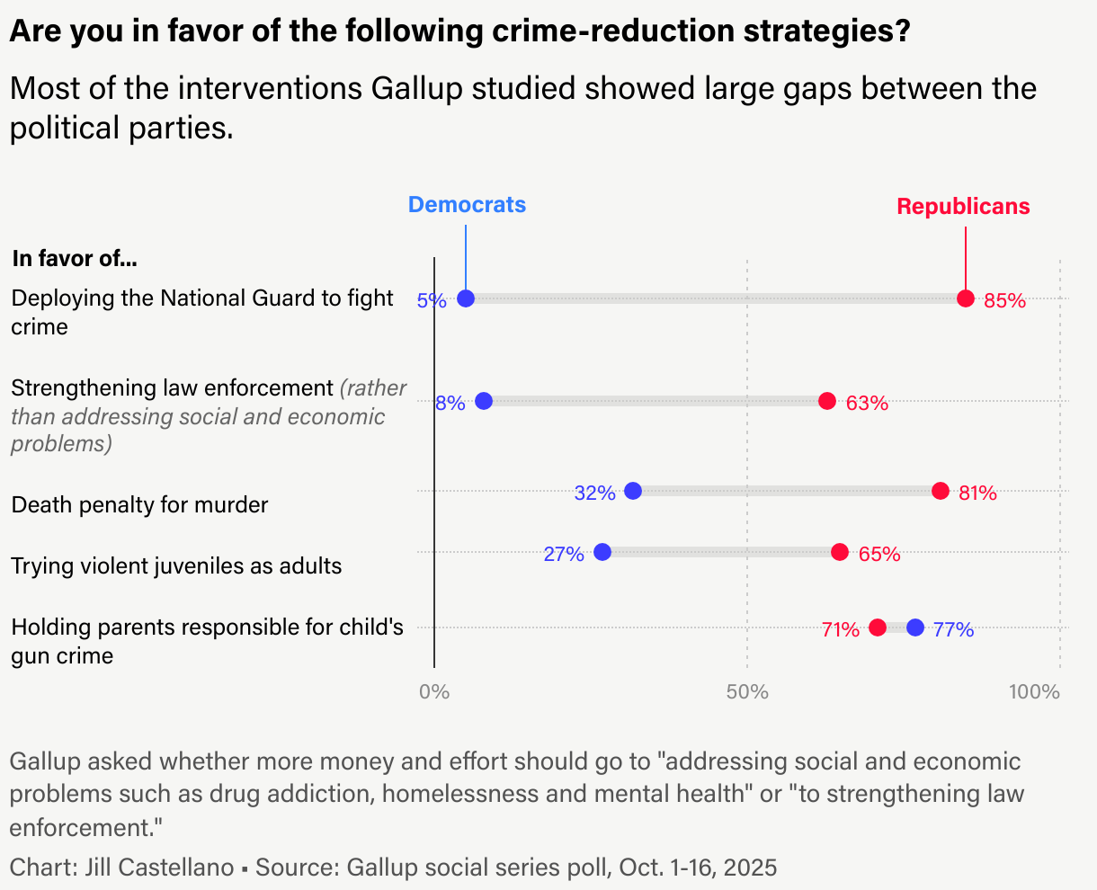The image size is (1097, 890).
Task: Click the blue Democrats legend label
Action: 467,205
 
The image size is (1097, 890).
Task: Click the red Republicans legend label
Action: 963,207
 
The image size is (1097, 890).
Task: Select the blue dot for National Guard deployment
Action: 466,298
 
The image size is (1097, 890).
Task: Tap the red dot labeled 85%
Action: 966,298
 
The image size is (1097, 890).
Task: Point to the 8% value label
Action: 450,403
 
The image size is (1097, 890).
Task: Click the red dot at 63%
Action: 827,401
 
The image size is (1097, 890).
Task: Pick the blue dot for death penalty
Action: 633,491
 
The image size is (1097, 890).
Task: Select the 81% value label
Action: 977,493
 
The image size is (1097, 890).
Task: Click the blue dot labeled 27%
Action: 602,552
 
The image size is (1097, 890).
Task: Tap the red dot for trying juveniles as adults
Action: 840,552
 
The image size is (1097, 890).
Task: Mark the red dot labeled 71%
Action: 878,627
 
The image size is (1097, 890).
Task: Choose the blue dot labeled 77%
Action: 915,627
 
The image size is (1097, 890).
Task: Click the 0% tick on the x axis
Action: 434,692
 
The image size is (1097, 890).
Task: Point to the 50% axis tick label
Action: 747,692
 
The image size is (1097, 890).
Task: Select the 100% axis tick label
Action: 1034,692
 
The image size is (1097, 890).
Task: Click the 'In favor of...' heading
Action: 75,259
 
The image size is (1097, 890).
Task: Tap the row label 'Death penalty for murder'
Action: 139,505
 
